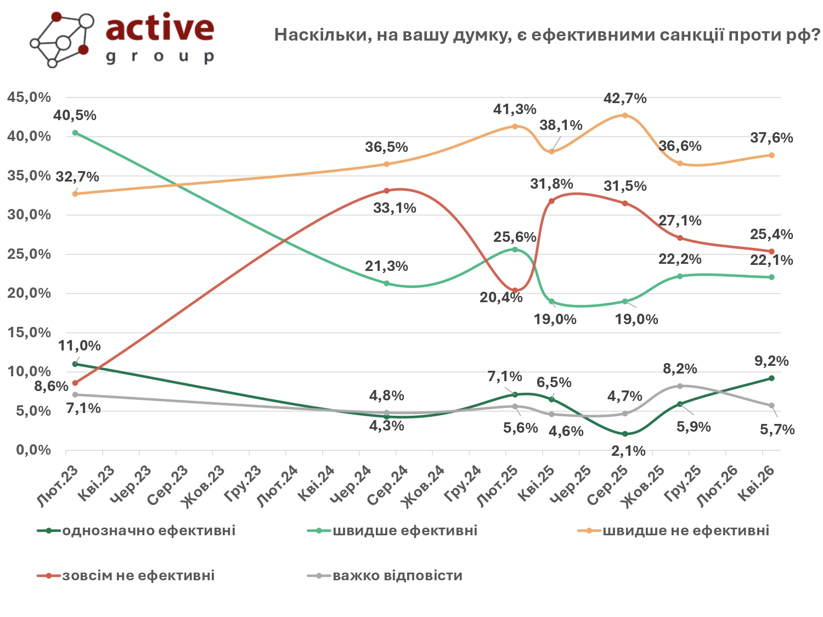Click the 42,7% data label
point(625,99)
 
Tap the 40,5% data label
point(75,116)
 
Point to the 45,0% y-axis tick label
point(29,98)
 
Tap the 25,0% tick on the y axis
point(29,254)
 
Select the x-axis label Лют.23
point(58,485)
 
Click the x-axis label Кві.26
point(756,483)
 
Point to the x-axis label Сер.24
point(388,485)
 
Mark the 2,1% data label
point(628,451)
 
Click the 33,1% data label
point(394,208)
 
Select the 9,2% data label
point(771,361)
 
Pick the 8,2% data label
point(680,369)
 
